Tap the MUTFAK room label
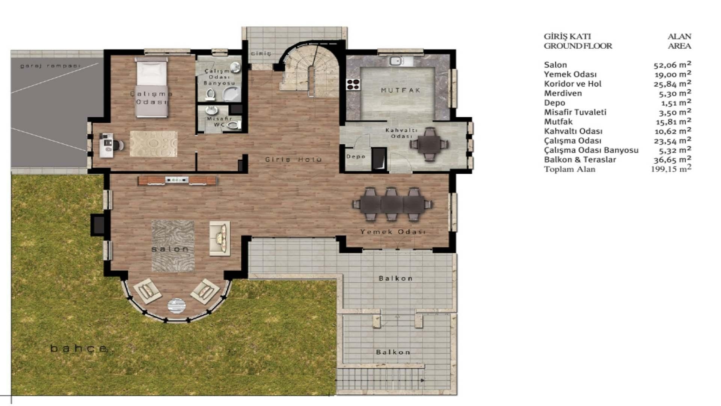click(400, 90)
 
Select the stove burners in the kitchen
click(353, 84)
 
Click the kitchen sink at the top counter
click(395, 61)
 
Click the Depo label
click(356, 156)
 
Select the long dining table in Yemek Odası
click(392, 205)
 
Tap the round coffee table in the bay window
click(176, 305)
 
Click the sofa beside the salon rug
click(220, 238)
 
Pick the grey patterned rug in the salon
click(173, 245)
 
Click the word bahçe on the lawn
click(79, 348)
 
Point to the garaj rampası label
click(50, 66)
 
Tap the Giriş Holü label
click(293, 159)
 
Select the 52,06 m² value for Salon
click(672, 65)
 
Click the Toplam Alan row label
click(569, 169)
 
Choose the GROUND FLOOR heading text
click(578, 46)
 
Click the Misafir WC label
click(219, 121)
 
